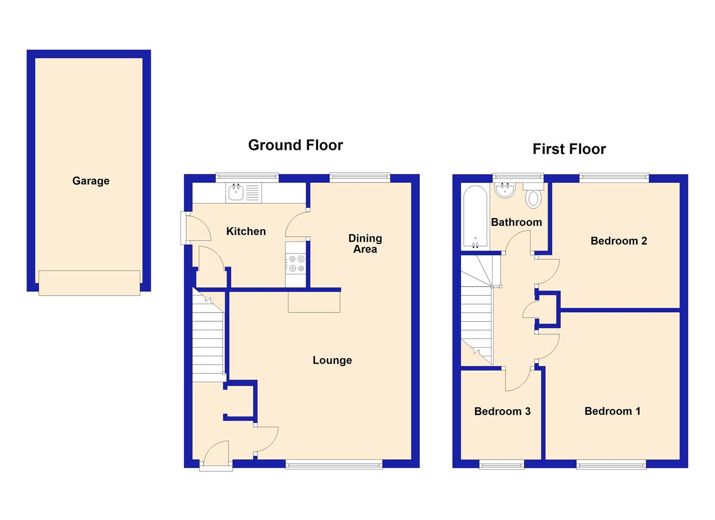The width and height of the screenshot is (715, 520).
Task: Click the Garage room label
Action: (91, 181)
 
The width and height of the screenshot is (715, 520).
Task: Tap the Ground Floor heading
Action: (295, 145)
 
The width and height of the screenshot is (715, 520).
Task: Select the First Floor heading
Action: (569, 149)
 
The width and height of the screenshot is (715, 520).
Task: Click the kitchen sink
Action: (236, 193)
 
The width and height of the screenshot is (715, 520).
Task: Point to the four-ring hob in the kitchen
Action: (296, 264)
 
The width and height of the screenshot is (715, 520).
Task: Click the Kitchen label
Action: (246, 232)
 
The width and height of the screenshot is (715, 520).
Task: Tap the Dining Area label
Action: (365, 244)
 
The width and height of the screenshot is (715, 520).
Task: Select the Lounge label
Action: (332, 360)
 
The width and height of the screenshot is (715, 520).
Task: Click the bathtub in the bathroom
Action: (475, 216)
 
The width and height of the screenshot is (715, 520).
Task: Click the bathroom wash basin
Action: (505, 190)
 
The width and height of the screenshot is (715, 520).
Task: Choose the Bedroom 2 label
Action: (619, 241)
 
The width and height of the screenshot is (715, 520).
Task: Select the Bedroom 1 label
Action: (612, 411)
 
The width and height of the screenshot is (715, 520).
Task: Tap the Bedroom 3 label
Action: (502, 411)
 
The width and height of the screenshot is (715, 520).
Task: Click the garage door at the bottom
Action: (89, 283)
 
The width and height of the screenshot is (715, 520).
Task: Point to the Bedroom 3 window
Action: (502, 464)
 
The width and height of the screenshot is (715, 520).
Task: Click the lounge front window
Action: (334, 464)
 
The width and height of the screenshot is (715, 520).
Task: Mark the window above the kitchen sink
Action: (247, 178)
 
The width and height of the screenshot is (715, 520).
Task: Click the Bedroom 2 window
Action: (614, 178)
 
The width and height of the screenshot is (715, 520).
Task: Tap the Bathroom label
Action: (516, 222)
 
